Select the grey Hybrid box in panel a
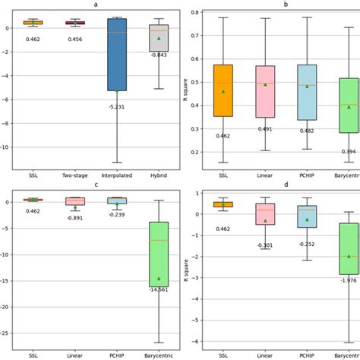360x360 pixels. [159, 39]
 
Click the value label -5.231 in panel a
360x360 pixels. [118, 106]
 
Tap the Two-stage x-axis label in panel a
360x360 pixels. [76, 175]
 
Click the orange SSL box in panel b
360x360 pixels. [223, 90]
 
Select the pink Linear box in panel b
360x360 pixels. [265, 91]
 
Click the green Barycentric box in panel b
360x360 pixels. [349, 106]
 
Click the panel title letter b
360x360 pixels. [286, 5]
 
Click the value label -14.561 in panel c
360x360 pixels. [159, 289]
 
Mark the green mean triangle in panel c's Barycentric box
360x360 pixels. [159, 278]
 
